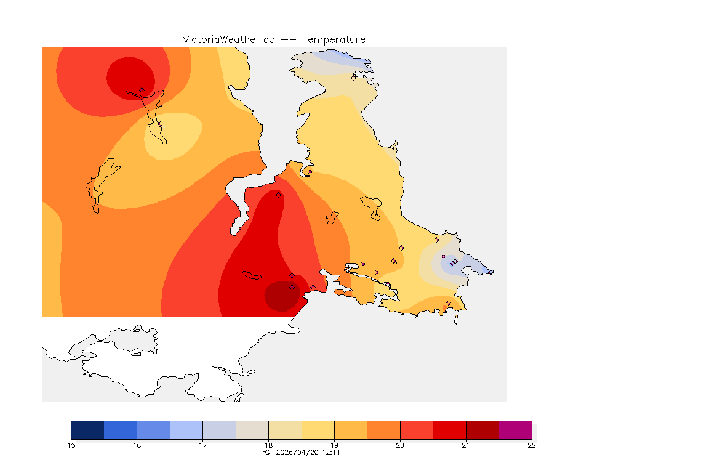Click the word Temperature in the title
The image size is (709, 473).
[334, 39]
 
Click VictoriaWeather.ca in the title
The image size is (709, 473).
[228, 39]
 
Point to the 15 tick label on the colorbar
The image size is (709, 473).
[71, 445]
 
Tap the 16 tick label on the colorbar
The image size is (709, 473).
[137, 445]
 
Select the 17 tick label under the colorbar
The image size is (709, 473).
[203, 445]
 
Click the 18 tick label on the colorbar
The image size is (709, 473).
[269, 445]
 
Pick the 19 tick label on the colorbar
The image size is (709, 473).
[334, 445]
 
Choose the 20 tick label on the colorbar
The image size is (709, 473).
[400, 445]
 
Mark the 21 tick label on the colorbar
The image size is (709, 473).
[466, 445]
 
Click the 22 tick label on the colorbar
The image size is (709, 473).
[532, 445]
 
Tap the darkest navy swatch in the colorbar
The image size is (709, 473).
[87, 430]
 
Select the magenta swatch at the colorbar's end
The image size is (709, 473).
[515, 430]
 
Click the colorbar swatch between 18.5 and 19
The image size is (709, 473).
[318, 430]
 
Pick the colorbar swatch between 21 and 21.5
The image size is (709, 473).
[483, 430]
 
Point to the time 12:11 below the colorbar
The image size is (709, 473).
[330, 452]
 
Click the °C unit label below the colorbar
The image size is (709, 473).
[266, 452]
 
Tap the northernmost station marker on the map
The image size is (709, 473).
[354, 78]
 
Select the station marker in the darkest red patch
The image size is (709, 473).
[292, 287]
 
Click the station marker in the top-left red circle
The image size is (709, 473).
[142, 90]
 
